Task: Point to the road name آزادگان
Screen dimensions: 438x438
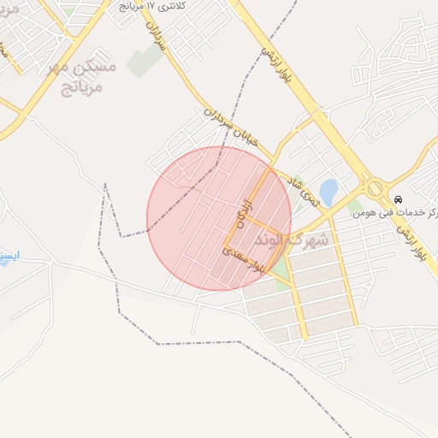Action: pyautogui.click(x=242, y=209)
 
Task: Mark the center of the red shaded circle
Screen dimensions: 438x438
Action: pyautogui.click(x=218, y=218)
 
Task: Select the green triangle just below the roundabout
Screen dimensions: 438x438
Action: pyautogui.click(x=356, y=205)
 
